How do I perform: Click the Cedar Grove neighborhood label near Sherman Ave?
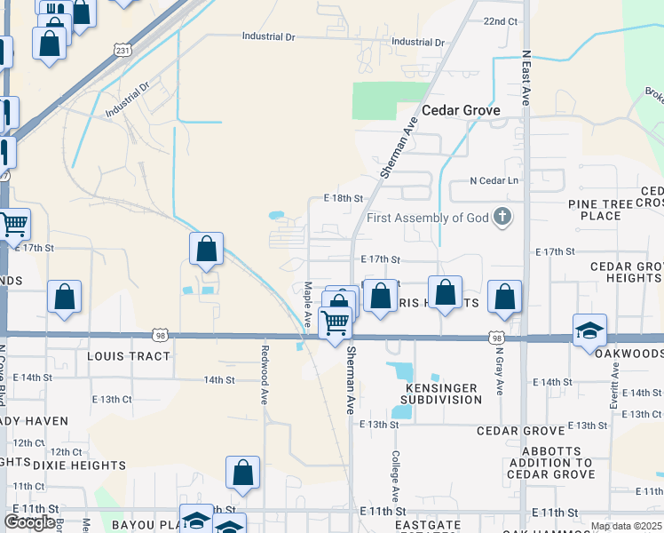[x=461, y=110]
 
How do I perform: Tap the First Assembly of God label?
[x=428, y=218]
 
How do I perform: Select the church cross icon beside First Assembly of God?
[x=502, y=217]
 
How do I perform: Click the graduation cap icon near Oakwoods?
[x=589, y=331]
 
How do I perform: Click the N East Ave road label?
[x=526, y=78]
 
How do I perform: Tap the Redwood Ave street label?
[x=264, y=384]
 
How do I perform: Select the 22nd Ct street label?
[x=501, y=21]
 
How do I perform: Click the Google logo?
[x=29, y=522]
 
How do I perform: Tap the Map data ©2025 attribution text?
[x=626, y=526]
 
